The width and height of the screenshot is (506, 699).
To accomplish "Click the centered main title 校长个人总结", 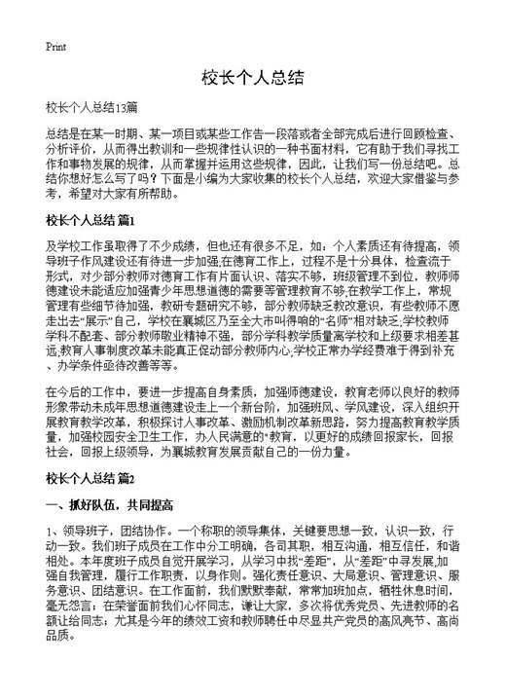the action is (x=252, y=79).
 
